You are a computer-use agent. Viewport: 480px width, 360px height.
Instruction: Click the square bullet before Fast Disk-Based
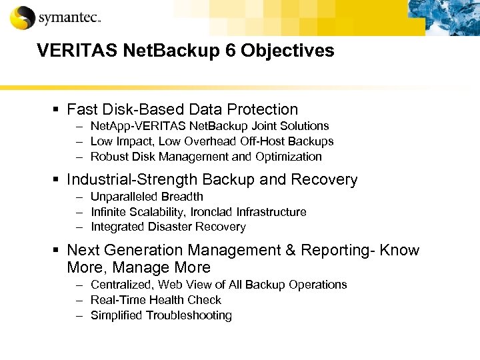(x=59, y=109)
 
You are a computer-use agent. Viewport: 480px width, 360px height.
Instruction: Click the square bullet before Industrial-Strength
(x=59, y=180)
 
